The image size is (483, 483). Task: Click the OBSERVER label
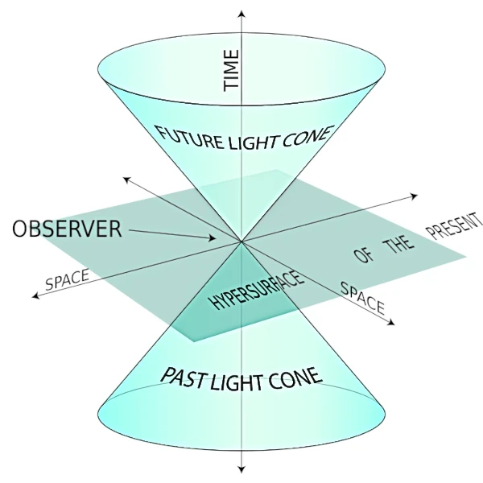pyautogui.click(x=66, y=229)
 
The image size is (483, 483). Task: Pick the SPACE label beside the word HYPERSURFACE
pyautogui.click(x=363, y=298)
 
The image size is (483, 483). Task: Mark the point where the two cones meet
pyautogui.click(x=241, y=241)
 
